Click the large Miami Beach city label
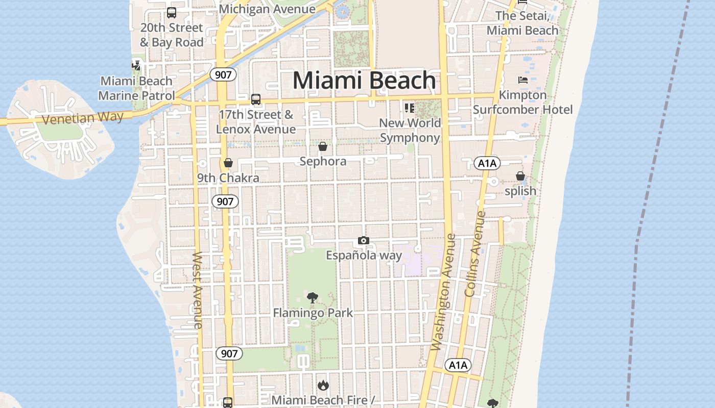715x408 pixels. [x=364, y=81]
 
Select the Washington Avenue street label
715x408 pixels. [x=442, y=292]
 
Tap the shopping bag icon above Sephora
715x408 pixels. [x=323, y=147]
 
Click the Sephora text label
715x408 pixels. [x=323, y=162]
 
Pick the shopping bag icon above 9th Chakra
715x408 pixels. [x=228, y=163]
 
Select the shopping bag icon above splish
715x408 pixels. [x=520, y=176]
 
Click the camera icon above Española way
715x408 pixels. [x=364, y=241]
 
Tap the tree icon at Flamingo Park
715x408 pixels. [x=313, y=298]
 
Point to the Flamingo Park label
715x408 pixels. [x=313, y=313]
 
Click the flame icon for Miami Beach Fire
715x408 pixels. [x=323, y=385]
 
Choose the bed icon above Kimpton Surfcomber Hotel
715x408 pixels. [x=522, y=80]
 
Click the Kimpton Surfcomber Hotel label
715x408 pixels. [x=522, y=103]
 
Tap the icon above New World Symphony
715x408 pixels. [x=409, y=108]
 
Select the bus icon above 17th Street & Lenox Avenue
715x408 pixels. [x=256, y=99]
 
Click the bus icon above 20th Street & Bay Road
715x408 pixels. [x=172, y=13]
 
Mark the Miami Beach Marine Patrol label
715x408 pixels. [x=136, y=88]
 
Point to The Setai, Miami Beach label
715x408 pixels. [x=522, y=23]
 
